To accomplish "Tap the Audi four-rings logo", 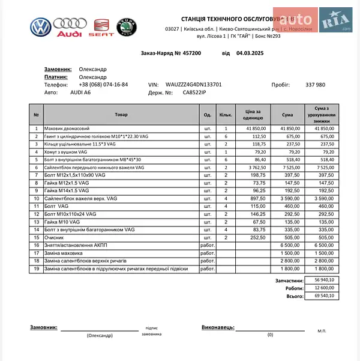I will [x=70, y=28].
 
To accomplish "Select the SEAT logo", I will [x=101, y=28].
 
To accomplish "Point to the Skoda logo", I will [x=126, y=28].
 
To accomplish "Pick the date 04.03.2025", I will [x=250, y=53].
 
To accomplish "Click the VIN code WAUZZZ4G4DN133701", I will [x=194, y=85].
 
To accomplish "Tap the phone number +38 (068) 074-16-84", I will [x=104, y=85].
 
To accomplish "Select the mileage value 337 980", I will [x=316, y=85].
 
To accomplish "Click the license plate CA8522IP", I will [x=194, y=93].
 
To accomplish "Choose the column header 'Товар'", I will [x=121, y=114].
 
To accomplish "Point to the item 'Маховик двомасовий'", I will [x=67, y=129].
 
